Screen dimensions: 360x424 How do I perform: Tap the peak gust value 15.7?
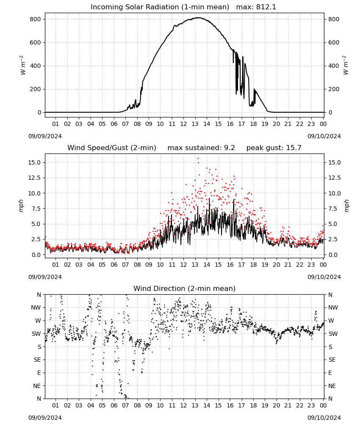coord(293,148)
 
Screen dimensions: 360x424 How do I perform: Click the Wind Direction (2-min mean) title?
coord(185,288)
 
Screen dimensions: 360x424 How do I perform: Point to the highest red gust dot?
coord(198,159)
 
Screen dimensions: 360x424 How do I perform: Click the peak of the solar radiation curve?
coord(198,17)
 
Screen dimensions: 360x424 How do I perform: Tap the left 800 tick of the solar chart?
coord(36,19)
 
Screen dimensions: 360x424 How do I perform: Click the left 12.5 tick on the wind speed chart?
coord(35,178)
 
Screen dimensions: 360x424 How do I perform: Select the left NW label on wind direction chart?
coord(36,308)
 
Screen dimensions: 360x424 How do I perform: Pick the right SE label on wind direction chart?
coord(332,360)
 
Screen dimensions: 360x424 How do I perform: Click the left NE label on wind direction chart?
coord(37,386)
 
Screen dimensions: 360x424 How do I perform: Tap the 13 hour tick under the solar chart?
coord(195,124)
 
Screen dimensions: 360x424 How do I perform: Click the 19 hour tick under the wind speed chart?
coord(265,265)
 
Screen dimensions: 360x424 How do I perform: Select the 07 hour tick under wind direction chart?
coord(125,406)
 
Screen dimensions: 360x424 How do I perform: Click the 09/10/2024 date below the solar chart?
coord(324,136)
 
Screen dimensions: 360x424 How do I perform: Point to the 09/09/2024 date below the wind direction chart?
coord(45,418)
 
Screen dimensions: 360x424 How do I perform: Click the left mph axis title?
coord(21,206)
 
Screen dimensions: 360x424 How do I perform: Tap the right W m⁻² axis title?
coord(346,65)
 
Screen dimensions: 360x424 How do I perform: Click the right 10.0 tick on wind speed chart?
coord(334,193)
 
